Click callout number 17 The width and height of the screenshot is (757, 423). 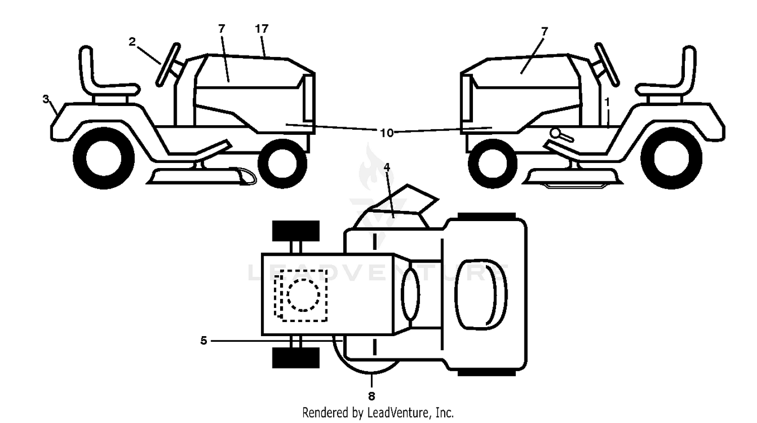(261, 29)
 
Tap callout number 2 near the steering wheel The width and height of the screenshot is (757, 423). (132, 41)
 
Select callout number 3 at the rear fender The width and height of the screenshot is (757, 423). (45, 99)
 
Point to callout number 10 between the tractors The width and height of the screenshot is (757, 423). (387, 133)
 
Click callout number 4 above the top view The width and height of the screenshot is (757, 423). (387, 167)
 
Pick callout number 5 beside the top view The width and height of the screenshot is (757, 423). (203, 341)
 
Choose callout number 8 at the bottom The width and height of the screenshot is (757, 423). (371, 396)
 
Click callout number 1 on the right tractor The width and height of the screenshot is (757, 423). (607, 102)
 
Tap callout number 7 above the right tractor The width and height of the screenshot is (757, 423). (544, 32)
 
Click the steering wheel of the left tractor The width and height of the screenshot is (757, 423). (168, 64)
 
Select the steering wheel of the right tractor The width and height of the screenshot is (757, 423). (607, 64)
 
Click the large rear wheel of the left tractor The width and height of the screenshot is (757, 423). (104, 158)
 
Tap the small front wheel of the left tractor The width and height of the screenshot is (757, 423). (282, 163)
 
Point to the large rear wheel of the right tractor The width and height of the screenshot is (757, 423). (671, 158)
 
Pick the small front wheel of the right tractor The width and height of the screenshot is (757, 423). (493, 163)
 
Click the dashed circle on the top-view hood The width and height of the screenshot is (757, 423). (303, 295)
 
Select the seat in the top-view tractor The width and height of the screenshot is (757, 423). (480, 294)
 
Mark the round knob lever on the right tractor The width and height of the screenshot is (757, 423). (561, 135)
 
